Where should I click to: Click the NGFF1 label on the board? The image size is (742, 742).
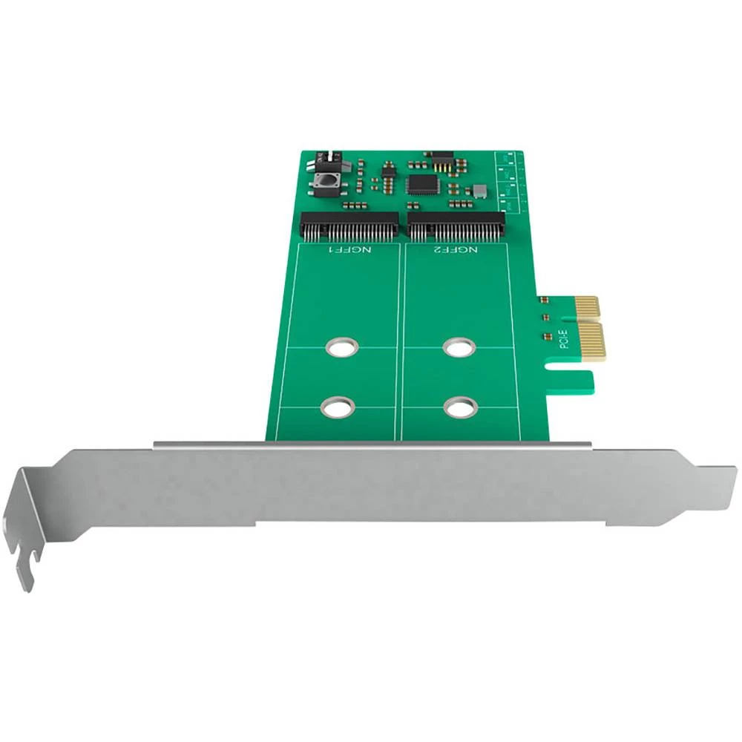[x=352, y=252]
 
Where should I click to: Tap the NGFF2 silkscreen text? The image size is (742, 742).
[x=459, y=252]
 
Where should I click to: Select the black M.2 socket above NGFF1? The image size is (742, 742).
[x=349, y=226]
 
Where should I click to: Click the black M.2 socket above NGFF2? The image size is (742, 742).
[x=457, y=226]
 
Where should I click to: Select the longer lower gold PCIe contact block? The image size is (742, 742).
[x=591, y=341]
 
